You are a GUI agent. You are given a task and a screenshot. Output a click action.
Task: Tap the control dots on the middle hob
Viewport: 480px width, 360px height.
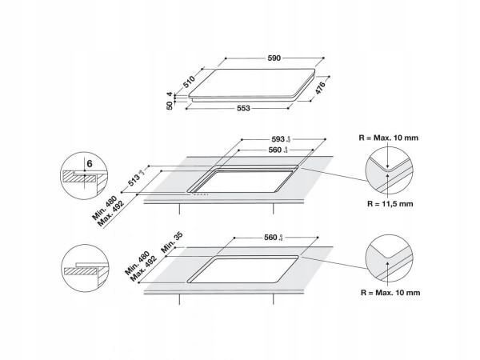tap(202, 194)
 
